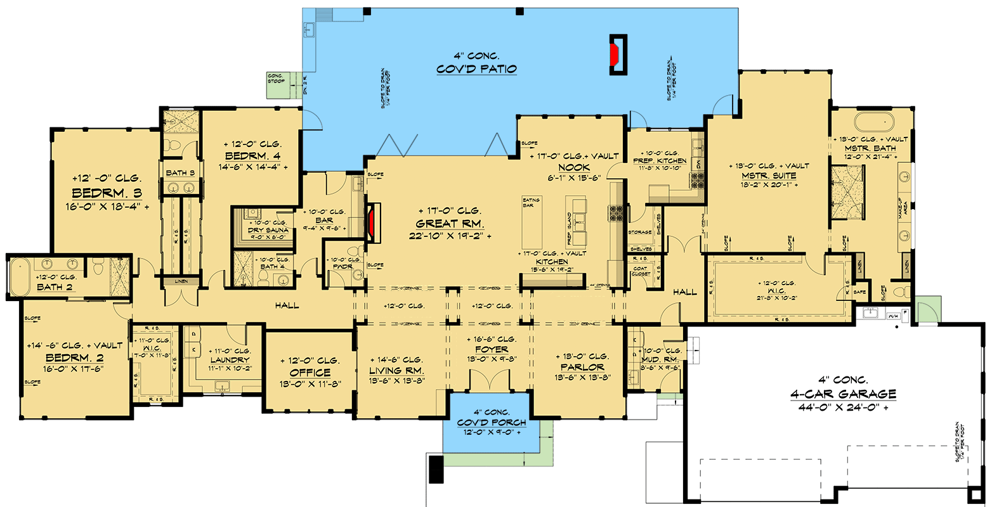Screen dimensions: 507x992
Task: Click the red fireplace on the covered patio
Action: click(x=614, y=55)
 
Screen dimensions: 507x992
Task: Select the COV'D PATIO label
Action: click(x=476, y=69)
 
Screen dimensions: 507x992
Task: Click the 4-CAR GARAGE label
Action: click(x=843, y=394)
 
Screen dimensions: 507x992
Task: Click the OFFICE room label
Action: click(x=310, y=373)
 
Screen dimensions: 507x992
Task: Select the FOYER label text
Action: click(x=492, y=349)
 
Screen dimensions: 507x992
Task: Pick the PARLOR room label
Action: click(x=582, y=367)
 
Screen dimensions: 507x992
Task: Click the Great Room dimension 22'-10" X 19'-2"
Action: click(x=450, y=236)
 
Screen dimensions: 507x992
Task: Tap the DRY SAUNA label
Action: click(x=268, y=230)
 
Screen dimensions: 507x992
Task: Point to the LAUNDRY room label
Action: click(x=230, y=360)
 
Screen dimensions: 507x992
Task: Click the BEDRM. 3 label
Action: click(x=107, y=193)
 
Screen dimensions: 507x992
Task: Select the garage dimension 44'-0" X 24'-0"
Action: click(x=843, y=408)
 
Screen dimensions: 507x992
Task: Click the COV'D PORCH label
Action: click(x=492, y=423)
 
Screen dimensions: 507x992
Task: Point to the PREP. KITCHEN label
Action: click(x=660, y=161)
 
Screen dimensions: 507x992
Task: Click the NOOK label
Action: click(x=574, y=167)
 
